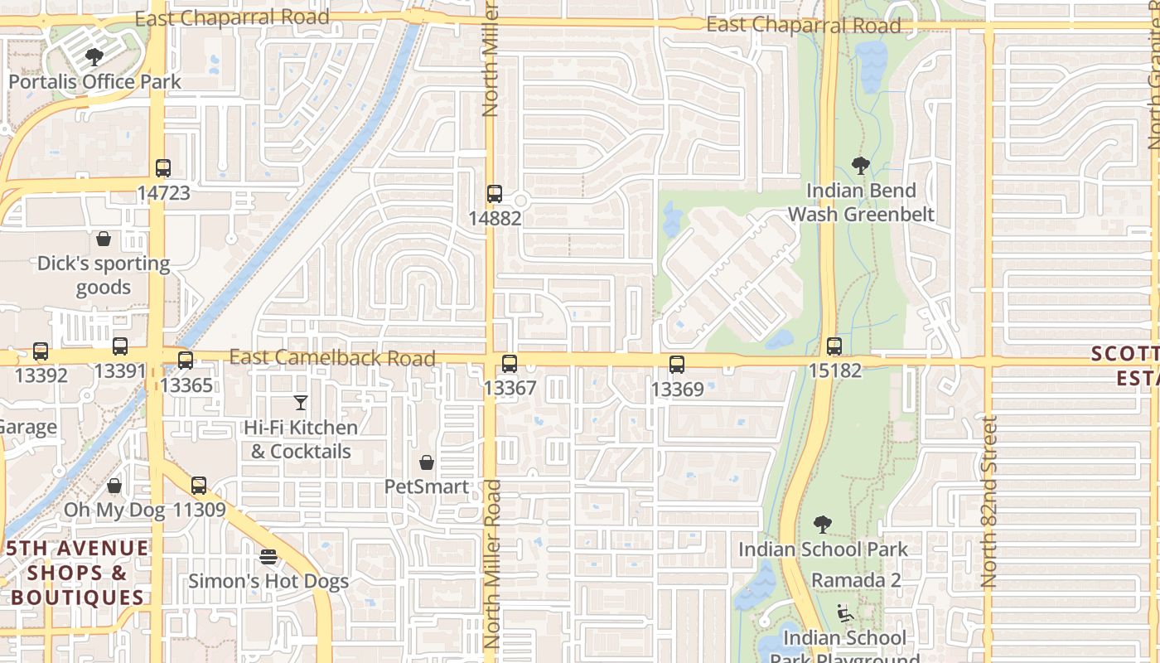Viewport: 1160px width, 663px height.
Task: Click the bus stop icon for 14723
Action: [163, 168]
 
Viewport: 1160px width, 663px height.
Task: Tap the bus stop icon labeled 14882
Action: [495, 194]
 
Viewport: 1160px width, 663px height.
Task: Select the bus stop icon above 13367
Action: [510, 363]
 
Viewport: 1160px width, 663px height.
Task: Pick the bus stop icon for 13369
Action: [677, 364]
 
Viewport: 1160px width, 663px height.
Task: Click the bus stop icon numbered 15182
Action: [834, 346]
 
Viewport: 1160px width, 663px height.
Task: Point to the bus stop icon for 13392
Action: [41, 351]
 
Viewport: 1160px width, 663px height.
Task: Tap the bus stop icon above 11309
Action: [199, 486]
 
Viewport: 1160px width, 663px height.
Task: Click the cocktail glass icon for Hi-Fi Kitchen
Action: [301, 403]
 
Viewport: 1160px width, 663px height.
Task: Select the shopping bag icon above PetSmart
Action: [427, 462]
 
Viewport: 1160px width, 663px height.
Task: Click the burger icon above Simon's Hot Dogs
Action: [268, 556]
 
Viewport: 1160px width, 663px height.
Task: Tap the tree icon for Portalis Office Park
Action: [94, 57]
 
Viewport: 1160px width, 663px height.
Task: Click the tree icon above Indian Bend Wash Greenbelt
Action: [861, 166]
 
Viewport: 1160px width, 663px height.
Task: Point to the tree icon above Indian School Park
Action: [822, 525]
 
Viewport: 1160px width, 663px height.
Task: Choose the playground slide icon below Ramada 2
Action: [845, 613]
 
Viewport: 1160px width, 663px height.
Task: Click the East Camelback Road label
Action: [332, 357]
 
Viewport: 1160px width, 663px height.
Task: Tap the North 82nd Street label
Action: [988, 501]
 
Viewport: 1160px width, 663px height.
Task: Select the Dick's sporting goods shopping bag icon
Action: [104, 239]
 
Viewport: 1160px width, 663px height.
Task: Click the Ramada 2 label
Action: [856, 580]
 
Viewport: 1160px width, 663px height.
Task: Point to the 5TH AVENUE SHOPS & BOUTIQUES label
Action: [78, 572]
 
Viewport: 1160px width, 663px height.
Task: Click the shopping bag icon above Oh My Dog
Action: [114, 486]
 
